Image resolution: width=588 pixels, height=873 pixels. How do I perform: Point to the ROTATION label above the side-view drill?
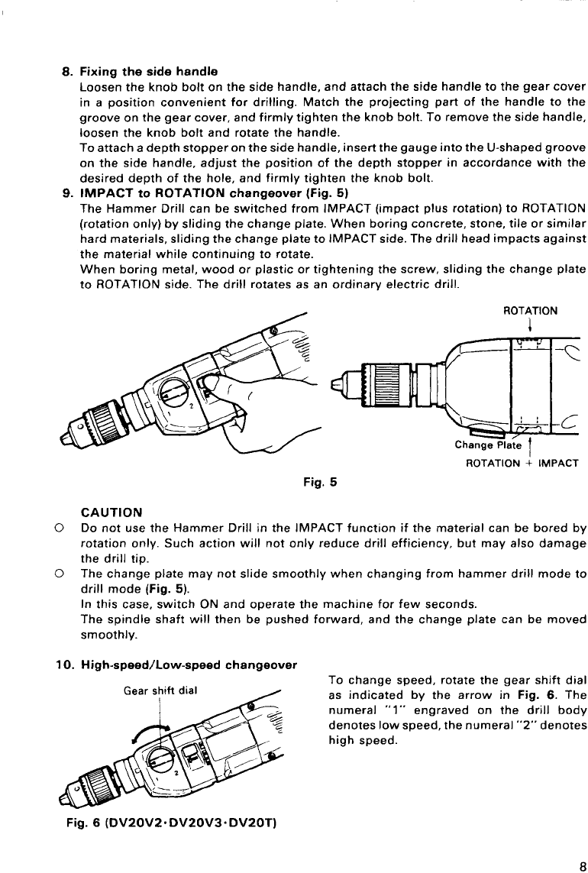(531, 311)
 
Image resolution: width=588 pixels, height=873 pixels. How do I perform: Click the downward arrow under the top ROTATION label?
(531, 323)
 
